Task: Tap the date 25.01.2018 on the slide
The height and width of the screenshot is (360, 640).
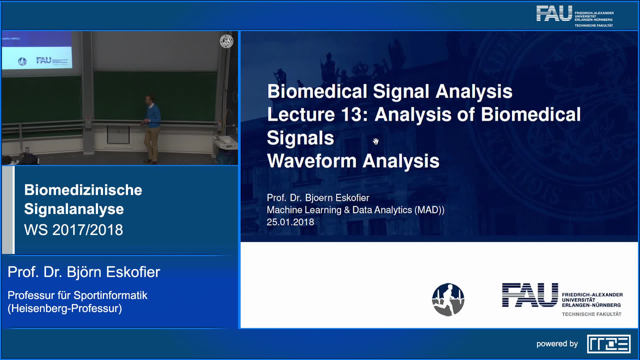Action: [x=290, y=222]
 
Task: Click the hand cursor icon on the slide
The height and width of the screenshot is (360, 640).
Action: [x=376, y=141]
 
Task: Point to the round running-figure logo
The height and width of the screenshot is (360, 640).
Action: [x=448, y=300]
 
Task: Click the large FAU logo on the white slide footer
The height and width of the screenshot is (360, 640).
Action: [x=530, y=295]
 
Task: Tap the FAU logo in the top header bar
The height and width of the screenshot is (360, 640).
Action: [x=554, y=13]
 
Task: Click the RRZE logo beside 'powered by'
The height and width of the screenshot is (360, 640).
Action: [x=609, y=344]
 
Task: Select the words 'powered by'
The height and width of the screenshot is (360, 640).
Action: [x=557, y=344]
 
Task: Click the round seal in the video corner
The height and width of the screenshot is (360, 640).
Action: [x=227, y=41]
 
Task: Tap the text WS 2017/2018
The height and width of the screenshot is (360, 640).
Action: [x=74, y=230]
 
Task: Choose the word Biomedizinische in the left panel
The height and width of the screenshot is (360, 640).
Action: [x=83, y=190]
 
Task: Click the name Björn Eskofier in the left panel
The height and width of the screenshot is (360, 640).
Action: [x=113, y=272]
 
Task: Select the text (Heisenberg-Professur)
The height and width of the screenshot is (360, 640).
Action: [x=65, y=309]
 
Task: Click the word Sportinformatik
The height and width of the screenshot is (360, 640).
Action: [x=110, y=295]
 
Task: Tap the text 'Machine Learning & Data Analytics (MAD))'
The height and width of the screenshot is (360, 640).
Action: [x=356, y=210]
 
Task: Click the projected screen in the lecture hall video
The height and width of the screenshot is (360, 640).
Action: [x=37, y=50]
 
